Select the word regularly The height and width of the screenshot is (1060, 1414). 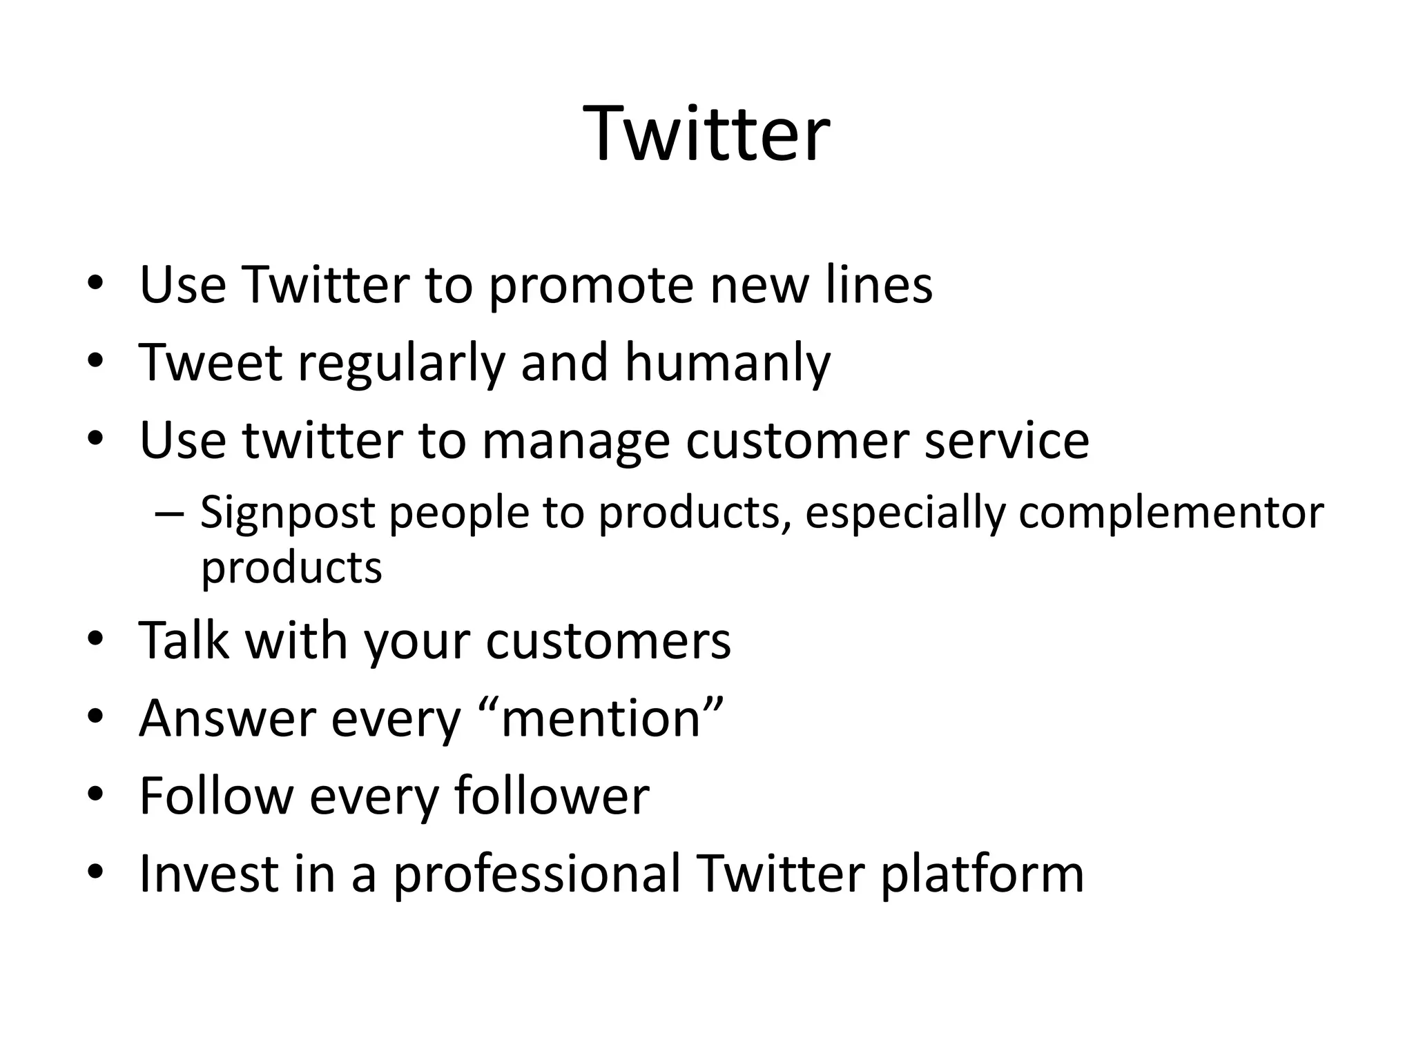(401, 364)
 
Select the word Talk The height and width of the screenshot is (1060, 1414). (184, 640)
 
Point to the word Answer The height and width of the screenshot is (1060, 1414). (227, 719)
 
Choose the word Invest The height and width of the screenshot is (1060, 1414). (207, 874)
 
